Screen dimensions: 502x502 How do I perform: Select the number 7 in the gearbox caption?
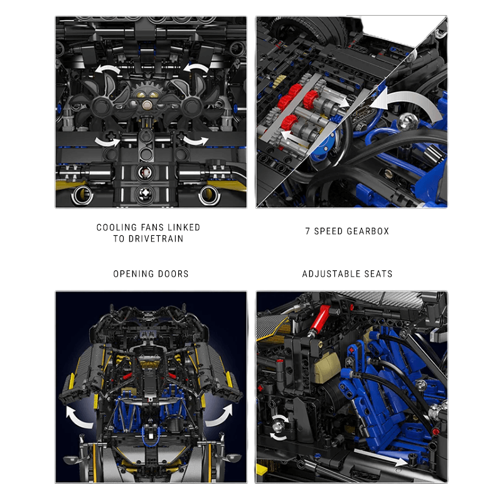coord(308,232)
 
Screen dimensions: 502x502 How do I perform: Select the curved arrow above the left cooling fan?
coord(107,68)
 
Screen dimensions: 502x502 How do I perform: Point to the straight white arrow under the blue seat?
coord(376,459)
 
